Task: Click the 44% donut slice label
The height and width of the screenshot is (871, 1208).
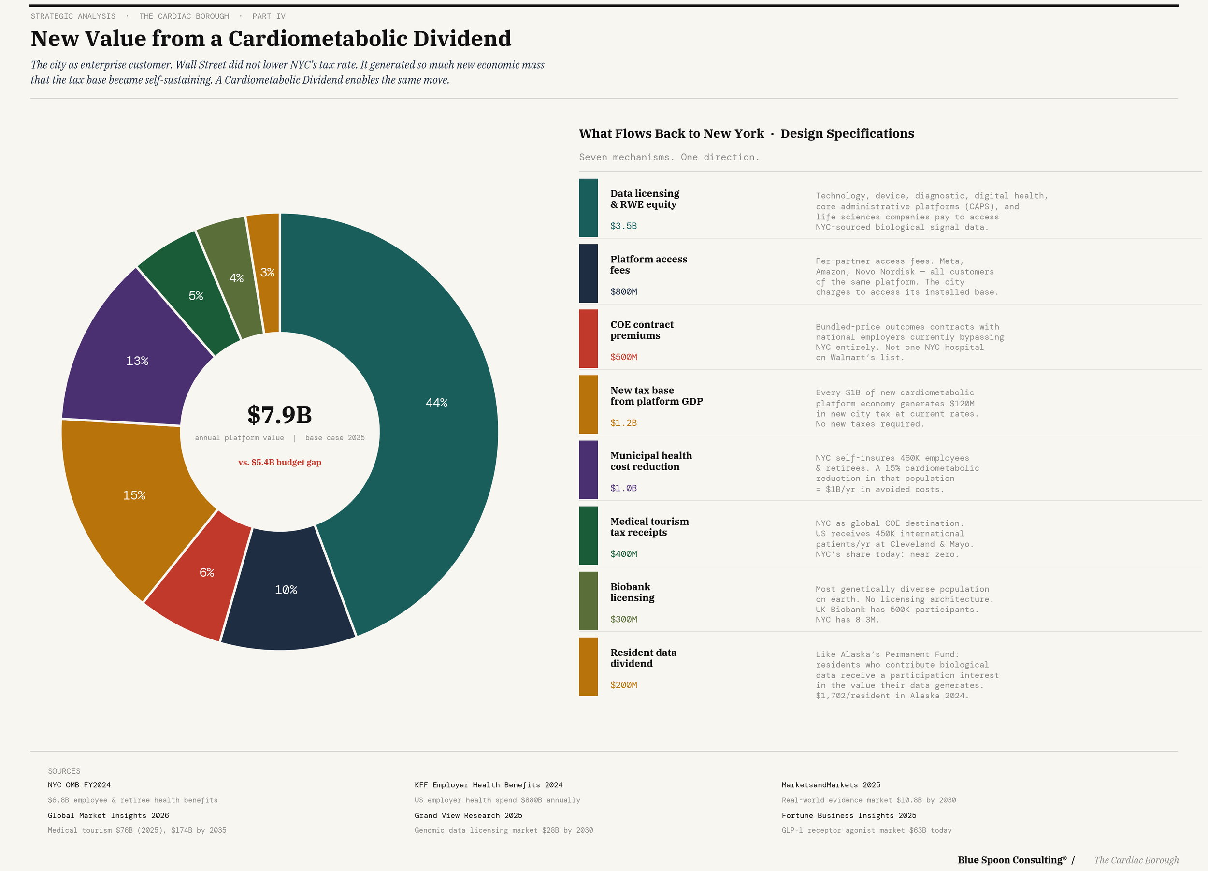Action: (x=436, y=403)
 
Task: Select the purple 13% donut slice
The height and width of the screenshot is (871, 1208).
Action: (x=137, y=361)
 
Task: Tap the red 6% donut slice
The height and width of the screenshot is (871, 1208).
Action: (x=207, y=572)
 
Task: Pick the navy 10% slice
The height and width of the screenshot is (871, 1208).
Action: (x=286, y=590)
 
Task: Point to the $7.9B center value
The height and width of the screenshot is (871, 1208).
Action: (x=279, y=415)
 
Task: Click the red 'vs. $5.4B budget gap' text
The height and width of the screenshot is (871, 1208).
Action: (x=279, y=462)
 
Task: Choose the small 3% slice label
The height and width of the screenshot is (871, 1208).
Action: (x=267, y=272)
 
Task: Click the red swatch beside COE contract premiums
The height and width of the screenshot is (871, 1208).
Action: (x=588, y=339)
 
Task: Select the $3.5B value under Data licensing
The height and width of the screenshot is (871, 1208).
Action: (x=623, y=226)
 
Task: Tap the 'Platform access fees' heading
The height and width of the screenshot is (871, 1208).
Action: (x=648, y=265)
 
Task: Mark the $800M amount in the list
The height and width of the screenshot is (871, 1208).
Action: (x=623, y=291)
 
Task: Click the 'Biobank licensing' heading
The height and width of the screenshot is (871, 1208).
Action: (x=632, y=592)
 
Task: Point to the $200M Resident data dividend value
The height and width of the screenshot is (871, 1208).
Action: (x=623, y=684)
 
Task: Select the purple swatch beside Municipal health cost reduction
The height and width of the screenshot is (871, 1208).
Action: (x=588, y=470)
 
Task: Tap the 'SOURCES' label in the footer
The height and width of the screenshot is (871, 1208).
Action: (x=64, y=771)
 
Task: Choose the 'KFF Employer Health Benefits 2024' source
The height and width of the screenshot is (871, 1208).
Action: (x=489, y=784)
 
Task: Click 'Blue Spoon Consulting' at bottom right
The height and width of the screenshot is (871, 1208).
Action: (x=1011, y=860)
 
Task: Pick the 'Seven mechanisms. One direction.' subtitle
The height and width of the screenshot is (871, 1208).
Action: (x=669, y=157)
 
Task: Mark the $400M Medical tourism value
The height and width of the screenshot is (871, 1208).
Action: (x=623, y=553)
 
